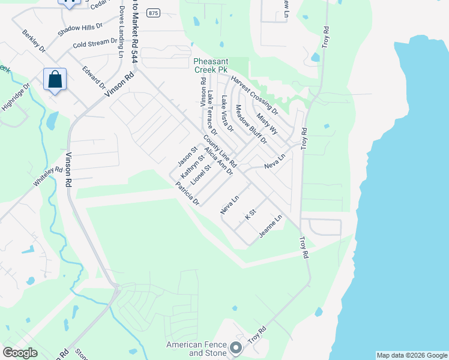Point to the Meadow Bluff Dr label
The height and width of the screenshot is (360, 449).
click(x=250, y=124)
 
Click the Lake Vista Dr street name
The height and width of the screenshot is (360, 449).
click(x=227, y=113)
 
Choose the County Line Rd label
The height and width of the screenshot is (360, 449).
click(x=220, y=151)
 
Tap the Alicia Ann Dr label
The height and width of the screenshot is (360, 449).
click(x=217, y=160)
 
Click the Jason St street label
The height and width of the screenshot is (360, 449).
click(x=187, y=157)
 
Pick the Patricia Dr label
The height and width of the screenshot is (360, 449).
click(x=187, y=194)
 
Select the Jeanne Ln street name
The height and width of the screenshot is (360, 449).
click(x=271, y=227)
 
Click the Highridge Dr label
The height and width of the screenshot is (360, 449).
click(x=15, y=98)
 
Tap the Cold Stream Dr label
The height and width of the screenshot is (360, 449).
click(x=94, y=43)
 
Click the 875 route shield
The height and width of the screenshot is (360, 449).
click(x=154, y=13)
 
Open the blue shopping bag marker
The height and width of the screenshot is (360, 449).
click(x=55, y=80)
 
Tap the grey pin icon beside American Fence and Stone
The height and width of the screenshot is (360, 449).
click(x=236, y=347)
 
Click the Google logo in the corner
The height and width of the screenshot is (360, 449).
click(x=20, y=353)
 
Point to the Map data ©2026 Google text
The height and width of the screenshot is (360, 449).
click(x=411, y=355)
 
